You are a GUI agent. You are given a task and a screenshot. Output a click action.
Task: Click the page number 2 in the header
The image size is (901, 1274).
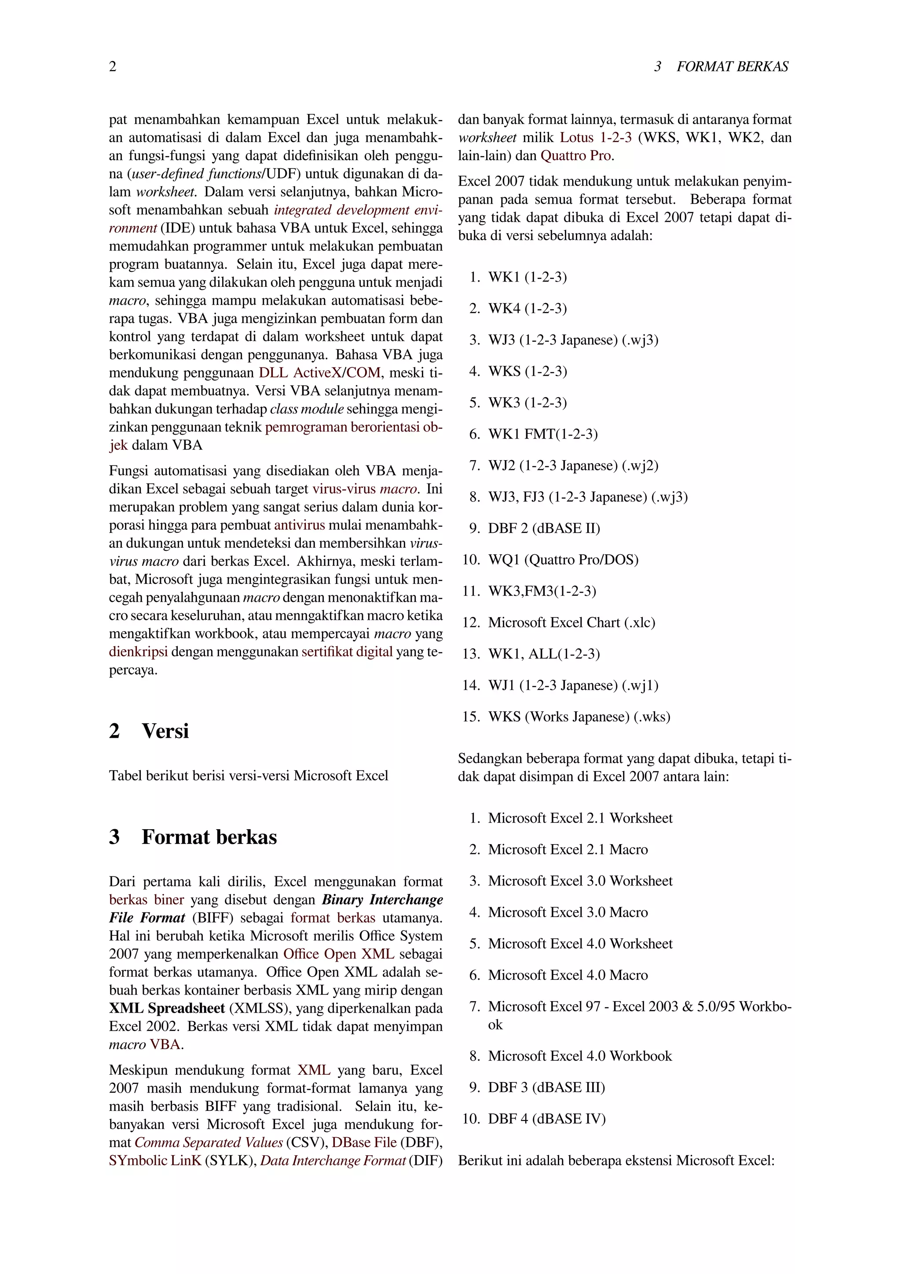(113, 66)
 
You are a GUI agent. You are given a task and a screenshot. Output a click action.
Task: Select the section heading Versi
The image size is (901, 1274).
(165, 731)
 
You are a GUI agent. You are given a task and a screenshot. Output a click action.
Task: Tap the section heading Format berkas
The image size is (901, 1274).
(209, 837)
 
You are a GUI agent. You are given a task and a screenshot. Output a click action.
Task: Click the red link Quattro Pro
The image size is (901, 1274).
(577, 155)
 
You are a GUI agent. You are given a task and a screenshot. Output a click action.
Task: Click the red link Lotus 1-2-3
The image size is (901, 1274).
(595, 138)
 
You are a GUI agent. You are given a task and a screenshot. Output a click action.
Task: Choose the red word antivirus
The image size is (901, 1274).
(300, 525)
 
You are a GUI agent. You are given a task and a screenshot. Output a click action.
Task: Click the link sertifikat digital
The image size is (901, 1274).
(347, 652)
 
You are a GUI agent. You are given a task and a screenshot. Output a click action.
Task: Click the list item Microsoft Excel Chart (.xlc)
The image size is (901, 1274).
(571, 622)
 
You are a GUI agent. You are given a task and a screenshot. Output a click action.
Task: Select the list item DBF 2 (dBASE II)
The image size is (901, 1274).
(544, 528)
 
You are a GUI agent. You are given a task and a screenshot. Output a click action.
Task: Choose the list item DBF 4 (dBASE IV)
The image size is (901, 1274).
(546, 1119)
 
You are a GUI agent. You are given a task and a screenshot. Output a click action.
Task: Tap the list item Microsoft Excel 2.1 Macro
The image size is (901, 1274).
(568, 849)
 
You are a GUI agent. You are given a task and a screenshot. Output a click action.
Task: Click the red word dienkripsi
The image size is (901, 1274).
(138, 652)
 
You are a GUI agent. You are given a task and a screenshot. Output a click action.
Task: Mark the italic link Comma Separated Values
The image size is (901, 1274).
(209, 1142)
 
